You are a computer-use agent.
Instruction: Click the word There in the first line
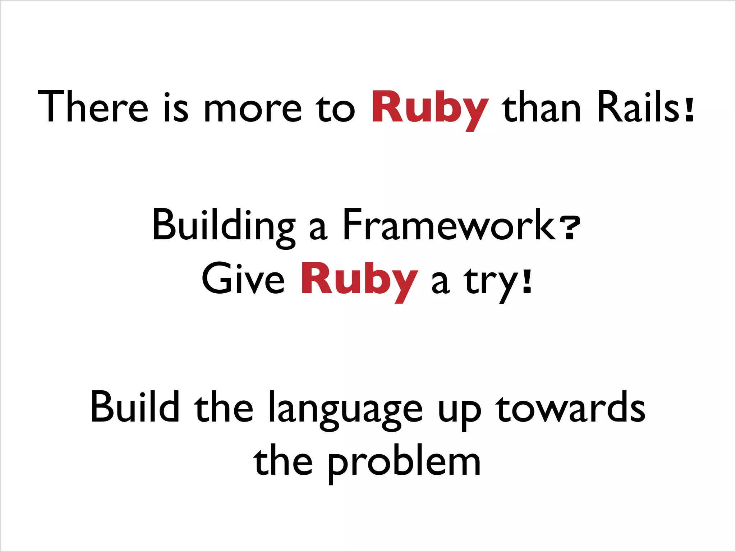pyautogui.click(x=93, y=106)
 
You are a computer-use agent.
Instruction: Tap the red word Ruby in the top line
pyautogui.click(x=430, y=108)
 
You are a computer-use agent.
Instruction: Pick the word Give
pyautogui.click(x=243, y=279)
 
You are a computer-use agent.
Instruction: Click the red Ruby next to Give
pyautogui.click(x=359, y=280)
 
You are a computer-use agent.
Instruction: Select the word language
pyautogui.click(x=345, y=410)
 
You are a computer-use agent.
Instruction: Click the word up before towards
pyautogui.click(x=459, y=411)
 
